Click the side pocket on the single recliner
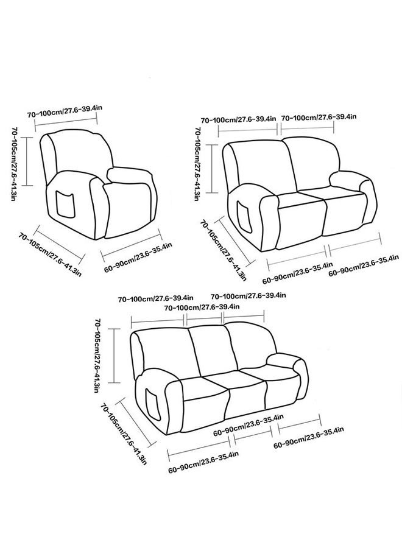click(x=65, y=204)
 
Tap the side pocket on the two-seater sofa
click(x=245, y=216)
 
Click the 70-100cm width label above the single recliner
click(x=65, y=111)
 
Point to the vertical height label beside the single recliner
click(x=15, y=164)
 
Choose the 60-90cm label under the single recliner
click(x=138, y=257)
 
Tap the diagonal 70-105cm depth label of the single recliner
click(x=50, y=254)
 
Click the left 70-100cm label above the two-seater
click(x=238, y=119)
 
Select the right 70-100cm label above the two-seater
click(x=319, y=117)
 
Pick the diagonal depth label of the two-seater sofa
click(x=224, y=250)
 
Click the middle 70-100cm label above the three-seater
click(x=202, y=307)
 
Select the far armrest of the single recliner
click(x=129, y=175)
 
